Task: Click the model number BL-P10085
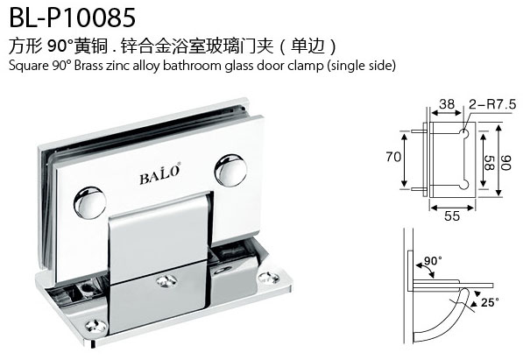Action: (73, 18)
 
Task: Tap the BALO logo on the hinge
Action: (160, 174)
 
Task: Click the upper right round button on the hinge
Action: (230, 171)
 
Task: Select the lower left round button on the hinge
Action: (89, 202)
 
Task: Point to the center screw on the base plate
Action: (166, 281)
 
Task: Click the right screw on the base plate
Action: (269, 279)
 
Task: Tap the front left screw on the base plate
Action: (96, 326)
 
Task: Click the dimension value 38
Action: (447, 104)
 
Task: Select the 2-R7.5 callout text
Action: (492, 104)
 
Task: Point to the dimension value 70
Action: (393, 157)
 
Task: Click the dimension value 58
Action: (489, 163)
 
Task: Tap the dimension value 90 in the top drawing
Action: (506, 163)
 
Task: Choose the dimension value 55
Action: (452, 215)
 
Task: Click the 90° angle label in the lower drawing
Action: (433, 260)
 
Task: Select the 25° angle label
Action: (490, 302)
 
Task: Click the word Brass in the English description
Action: (88, 66)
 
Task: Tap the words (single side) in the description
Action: (361, 66)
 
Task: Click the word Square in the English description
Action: (29, 66)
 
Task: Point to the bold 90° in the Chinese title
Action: (60, 46)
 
